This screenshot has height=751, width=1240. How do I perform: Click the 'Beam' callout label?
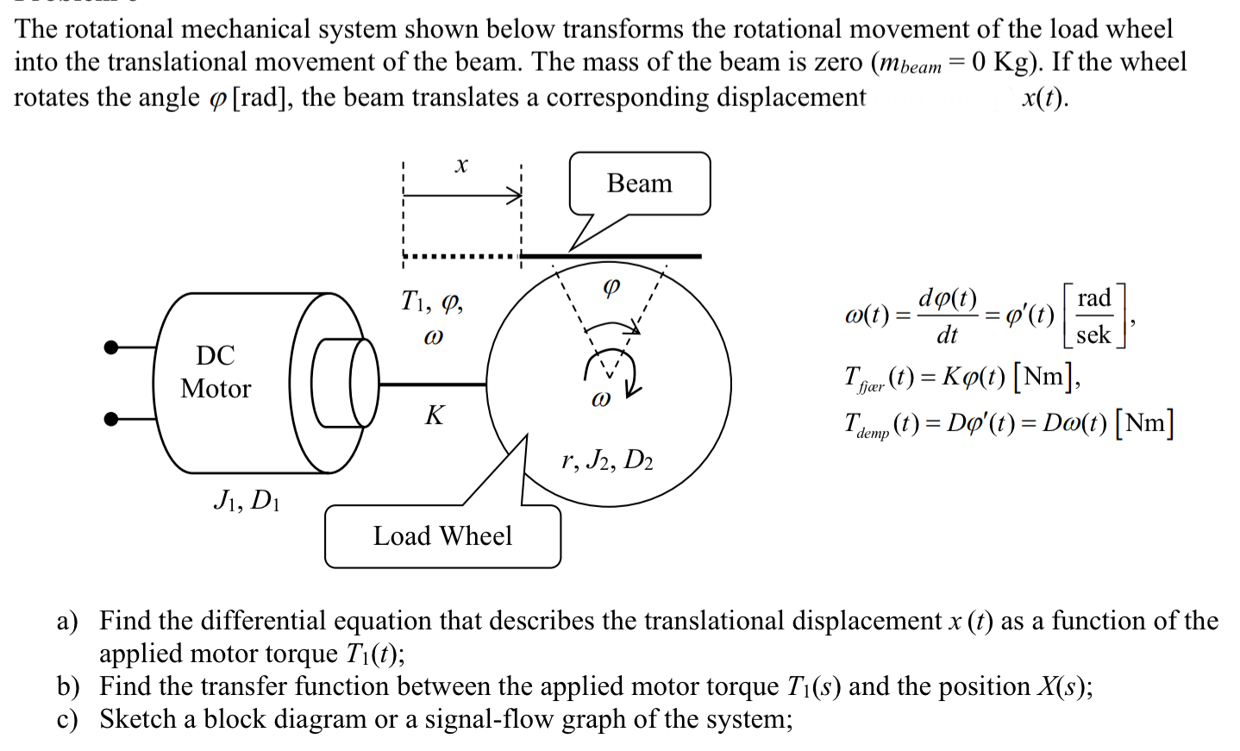[x=639, y=184]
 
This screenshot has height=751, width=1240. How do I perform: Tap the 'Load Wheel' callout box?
[x=442, y=536]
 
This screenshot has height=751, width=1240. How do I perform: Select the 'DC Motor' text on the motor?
[x=216, y=372]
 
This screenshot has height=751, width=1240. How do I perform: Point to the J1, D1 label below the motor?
[x=246, y=500]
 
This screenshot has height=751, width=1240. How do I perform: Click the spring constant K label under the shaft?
[x=434, y=416]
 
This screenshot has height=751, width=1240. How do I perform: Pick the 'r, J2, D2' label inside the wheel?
[x=607, y=460]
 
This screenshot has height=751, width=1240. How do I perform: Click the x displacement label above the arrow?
[x=461, y=165]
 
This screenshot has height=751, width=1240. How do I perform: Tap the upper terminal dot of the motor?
[x=110, y=347]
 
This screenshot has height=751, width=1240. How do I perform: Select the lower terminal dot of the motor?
[x=110, y=419]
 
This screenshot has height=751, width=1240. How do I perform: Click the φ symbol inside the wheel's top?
[x=611, y=286]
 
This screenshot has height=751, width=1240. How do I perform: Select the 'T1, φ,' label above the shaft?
[x=432, y=301]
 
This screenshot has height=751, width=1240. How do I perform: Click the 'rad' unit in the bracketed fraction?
[x=1093, y=298]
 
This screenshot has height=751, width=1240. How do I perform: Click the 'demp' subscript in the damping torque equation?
[x=873, y=434]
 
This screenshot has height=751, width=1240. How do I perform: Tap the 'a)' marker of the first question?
[x=67, y=621]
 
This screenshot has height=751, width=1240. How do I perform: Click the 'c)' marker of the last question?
[x=67, y=719]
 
